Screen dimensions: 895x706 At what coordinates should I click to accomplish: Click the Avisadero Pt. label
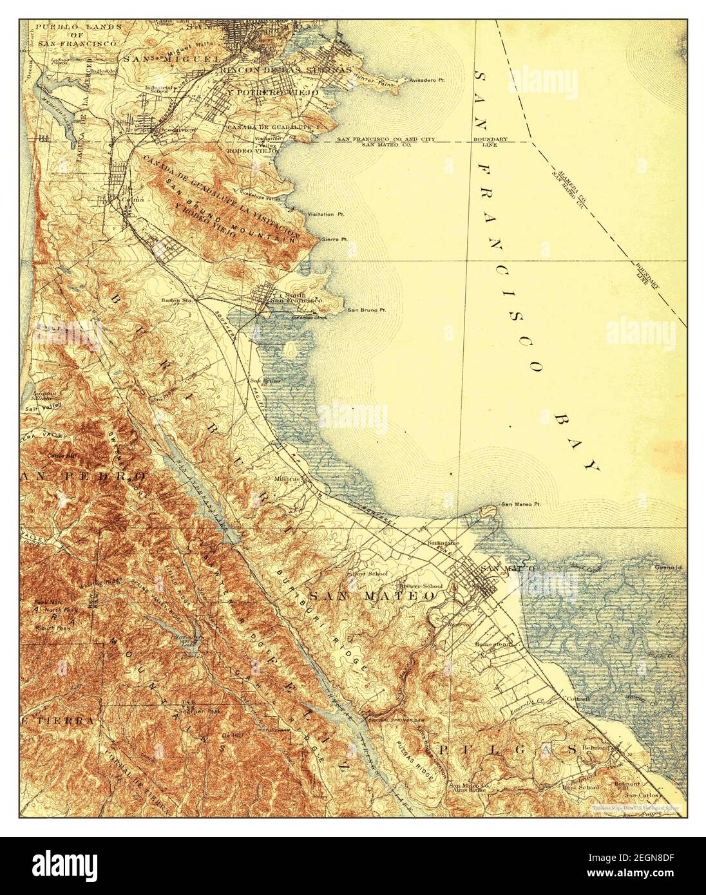pos(430,80)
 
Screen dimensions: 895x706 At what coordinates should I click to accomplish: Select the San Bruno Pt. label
pos(367,310)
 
